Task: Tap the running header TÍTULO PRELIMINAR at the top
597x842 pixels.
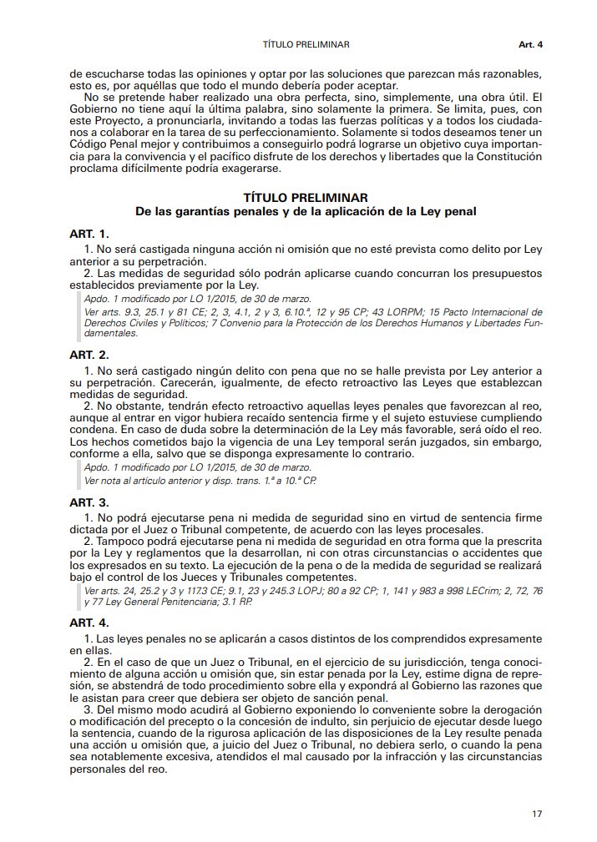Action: click(x=305, y=43)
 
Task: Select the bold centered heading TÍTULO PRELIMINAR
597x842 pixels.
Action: click(x=306, y=199)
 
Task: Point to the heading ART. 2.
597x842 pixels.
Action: click(x=89, y=355)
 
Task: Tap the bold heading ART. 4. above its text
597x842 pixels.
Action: click(x=89, y=623)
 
